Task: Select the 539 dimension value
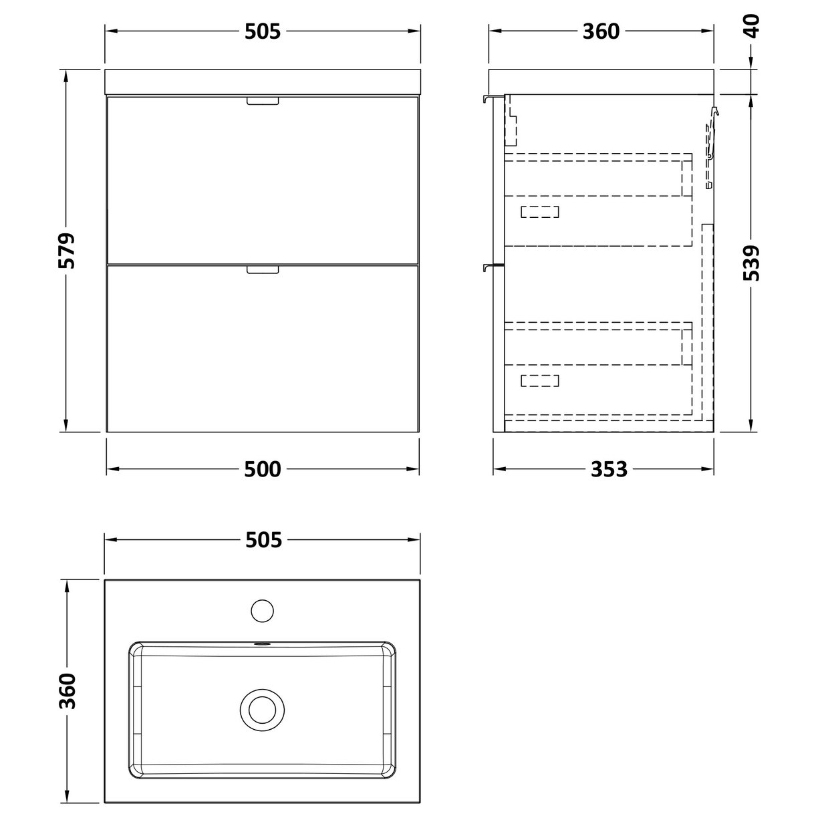tap(752, 263)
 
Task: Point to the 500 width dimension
tap(262, 469)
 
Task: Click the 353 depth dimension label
tap(609, 469)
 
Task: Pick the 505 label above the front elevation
tap(262, 31)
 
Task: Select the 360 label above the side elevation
tap(601, 31)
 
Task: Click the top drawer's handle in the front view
tap(263, 101)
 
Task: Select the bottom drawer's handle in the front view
tap(263, 270)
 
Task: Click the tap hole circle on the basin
tap(262, 610)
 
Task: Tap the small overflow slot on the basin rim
tap(262, 645)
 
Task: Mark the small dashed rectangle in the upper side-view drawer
tap(539, 212)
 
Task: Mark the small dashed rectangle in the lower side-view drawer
tap(539, 381)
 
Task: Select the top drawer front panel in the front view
tap(263, 180)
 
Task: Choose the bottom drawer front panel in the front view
tap(263, 351)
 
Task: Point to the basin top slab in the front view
tap(263, 81)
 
